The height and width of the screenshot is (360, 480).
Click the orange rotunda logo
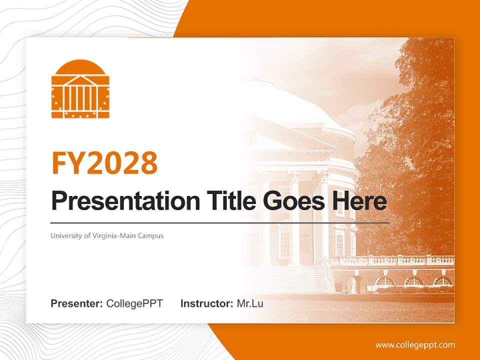point(80,89)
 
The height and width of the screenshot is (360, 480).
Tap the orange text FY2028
point(104,162)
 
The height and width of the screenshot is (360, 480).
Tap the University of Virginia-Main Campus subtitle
point(107,235)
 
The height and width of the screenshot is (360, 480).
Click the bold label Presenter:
point(77,303)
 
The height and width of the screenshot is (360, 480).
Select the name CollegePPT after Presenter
point(134,303)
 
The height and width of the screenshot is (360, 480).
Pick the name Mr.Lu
point(249,303)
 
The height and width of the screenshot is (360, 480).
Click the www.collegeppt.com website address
point(415,344)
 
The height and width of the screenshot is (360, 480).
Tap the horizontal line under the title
point(220,222)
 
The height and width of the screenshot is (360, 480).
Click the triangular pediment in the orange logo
point(80,80)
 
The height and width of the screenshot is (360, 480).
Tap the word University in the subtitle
point(63,235)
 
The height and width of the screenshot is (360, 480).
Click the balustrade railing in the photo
point(390,261)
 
